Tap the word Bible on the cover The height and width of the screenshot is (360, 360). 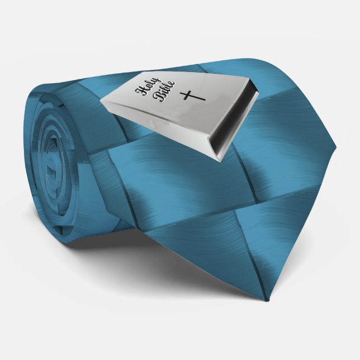165,91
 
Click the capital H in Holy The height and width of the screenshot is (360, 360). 140,91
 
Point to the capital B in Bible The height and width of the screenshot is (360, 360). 161,98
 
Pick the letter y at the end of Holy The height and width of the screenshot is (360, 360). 156,81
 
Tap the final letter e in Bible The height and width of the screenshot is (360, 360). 172,84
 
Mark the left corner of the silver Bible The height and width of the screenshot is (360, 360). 100,100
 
